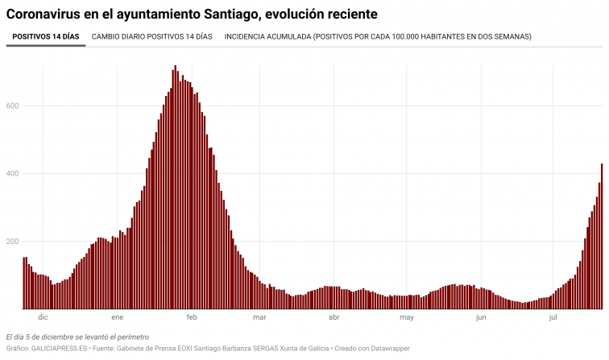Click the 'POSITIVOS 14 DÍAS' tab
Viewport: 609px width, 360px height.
[x=46, y=36]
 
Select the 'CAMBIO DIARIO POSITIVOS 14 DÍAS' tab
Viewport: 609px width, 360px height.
[x=152, y=36]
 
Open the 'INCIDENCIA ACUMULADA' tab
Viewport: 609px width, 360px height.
[x=378, y=36]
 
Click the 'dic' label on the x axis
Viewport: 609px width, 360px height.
[x=43, y=318]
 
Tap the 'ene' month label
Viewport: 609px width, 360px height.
[x=118, y=318]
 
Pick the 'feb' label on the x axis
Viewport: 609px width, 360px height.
[x=192, y=318]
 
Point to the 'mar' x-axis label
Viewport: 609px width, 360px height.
[x=259, y=318]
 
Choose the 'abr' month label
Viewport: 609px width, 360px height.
[x=333, y=318]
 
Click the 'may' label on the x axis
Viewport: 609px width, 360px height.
[x=407, y=318]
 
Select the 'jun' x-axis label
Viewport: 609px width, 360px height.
[x=481, y=318]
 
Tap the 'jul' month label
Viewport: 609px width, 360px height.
[x=553, y=318]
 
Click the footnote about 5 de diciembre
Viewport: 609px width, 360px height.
[x=66, y=336]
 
